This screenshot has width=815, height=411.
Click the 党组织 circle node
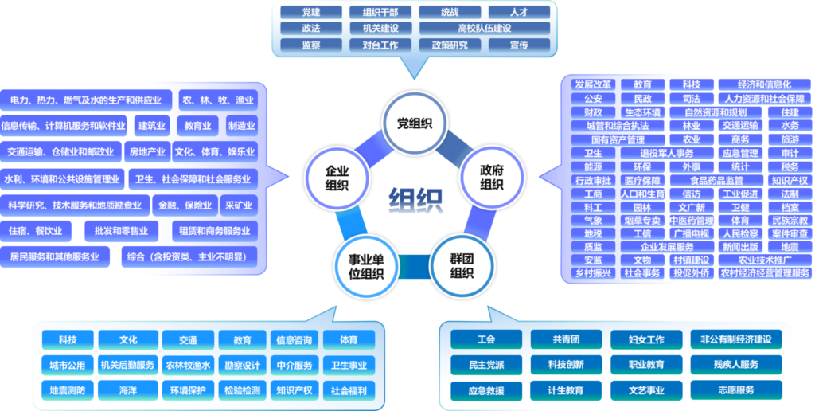point(415,123)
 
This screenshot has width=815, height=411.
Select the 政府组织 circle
point(492,177)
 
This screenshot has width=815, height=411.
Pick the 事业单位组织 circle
point(366,266)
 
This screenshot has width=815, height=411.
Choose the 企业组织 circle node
point(337,178)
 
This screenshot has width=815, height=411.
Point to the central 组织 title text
point(415,198)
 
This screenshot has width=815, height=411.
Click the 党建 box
point(311,12)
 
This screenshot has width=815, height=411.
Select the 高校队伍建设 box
point(485,28)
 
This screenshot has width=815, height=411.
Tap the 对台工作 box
point(380,45)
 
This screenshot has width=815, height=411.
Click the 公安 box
point(593,98)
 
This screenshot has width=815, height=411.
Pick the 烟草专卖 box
point(642,221)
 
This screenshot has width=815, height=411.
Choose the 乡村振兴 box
point(593,273)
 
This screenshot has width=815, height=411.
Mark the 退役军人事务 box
point(667,154)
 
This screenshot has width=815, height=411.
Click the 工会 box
point(486,340)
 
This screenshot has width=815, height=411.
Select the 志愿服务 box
point(736,390)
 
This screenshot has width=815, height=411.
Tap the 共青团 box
point(566,340)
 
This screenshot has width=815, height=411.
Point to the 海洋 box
point(128,390)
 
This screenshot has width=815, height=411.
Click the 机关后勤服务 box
point(128,366)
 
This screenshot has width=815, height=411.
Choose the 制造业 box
point(242,126)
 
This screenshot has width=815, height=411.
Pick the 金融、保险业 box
point(185,205)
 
